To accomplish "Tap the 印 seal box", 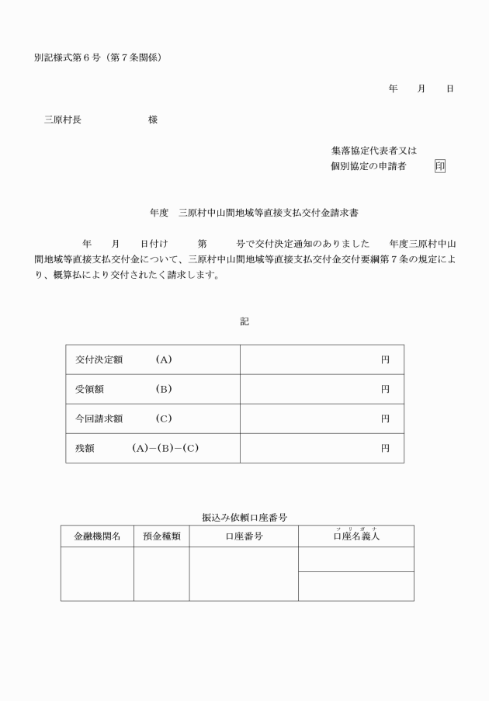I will (440, 166).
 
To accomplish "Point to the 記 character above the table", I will (244, 321).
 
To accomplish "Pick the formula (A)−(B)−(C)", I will (165, 448).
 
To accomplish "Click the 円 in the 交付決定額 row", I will (384, 359).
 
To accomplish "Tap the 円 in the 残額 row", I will (384, 448).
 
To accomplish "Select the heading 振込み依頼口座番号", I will (244, 516).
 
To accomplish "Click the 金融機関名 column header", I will (97, 536).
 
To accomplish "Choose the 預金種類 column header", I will (161, 536).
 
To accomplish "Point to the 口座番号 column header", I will (244, 536).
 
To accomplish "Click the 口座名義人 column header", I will (356, 536).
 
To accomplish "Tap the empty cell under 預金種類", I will (161, 574).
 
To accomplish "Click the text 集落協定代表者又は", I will (373, 151).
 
